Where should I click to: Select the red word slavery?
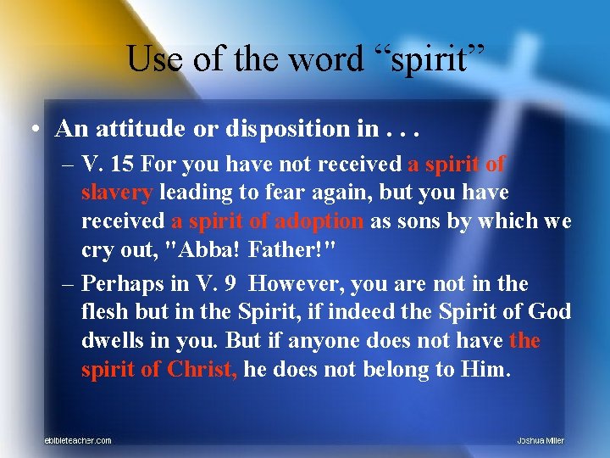(116, 193)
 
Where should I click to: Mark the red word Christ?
(202, 370)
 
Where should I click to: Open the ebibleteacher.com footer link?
(78, 440)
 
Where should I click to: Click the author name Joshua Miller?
(541, 440)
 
